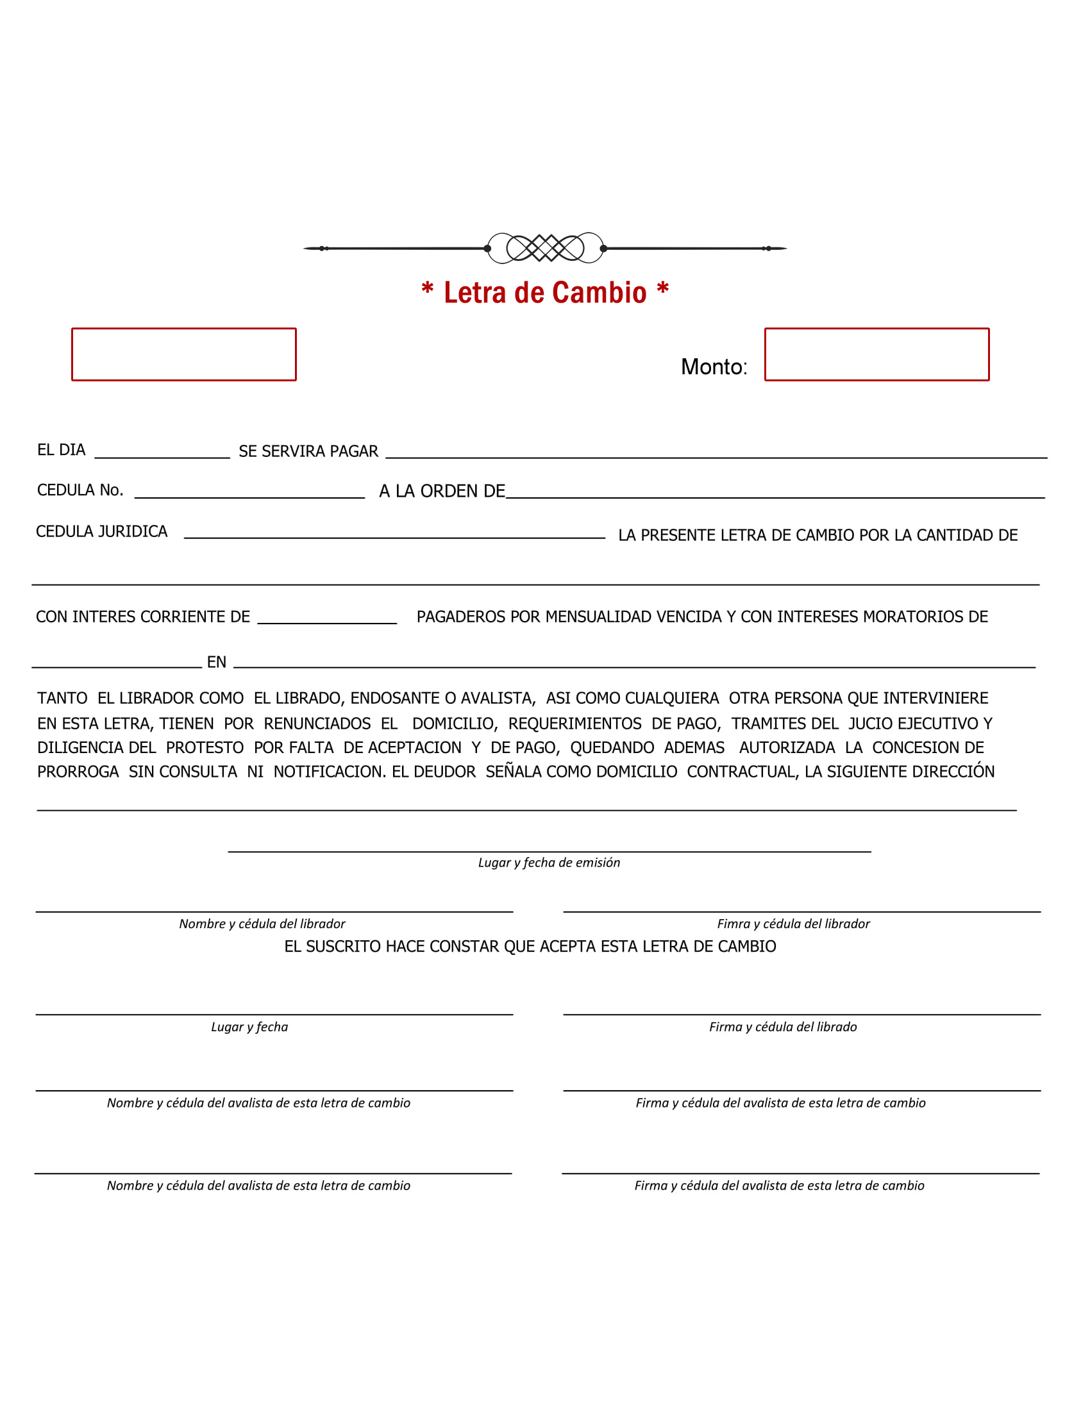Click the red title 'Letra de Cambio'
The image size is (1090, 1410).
pyautogui.click(x=544, y=292)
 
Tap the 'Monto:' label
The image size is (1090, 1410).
pyautogui.click(x=714, y=367)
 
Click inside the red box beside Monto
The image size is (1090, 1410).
pyautogui.click(x=876, y=354)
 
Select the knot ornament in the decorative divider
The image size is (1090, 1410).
pyautogui.click(x=545, y=248)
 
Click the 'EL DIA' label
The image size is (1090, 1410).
pyautogui.click(x=62, y=450)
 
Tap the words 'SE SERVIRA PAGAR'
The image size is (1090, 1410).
pyautogui.click(x=308, y=451)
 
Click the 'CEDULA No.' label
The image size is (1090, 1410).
pyautogui.click(x=80, y=490)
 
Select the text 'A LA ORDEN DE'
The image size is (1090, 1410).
pyautogui.click(x=442, y=492)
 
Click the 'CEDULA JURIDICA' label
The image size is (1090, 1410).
pyautogui.click(x=101, y=531)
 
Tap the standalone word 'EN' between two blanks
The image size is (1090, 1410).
pyautogui.click(x=216, y=662)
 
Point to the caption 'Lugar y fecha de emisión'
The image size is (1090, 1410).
pyautogui.click(x=549, y=863)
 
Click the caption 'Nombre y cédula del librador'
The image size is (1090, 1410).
pyautogui.click(x=262, y=924)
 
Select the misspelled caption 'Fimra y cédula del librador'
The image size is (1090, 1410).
pyautogui.click(x=793, y=924)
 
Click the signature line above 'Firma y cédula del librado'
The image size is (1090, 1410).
pyautogui.click(x=801, y=1015)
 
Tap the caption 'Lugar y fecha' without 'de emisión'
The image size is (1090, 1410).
pyautogui.click(x=249, y=1027)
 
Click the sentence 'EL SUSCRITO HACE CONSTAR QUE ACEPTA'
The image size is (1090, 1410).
pyautogui.click(x=530, y=947)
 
